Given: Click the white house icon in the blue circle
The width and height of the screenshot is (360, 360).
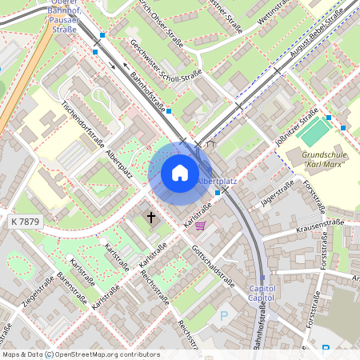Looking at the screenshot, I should click(x=180, y=173).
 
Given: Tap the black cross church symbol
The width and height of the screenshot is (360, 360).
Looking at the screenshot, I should click(x=151, y=217).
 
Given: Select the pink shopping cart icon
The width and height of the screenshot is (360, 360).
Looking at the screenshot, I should click(x=200, y=226).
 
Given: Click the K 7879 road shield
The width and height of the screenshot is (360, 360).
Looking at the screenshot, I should click(x=26, y=221).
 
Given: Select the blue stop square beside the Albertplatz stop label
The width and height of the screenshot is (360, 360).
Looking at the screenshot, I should click(x=218, y=192).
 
